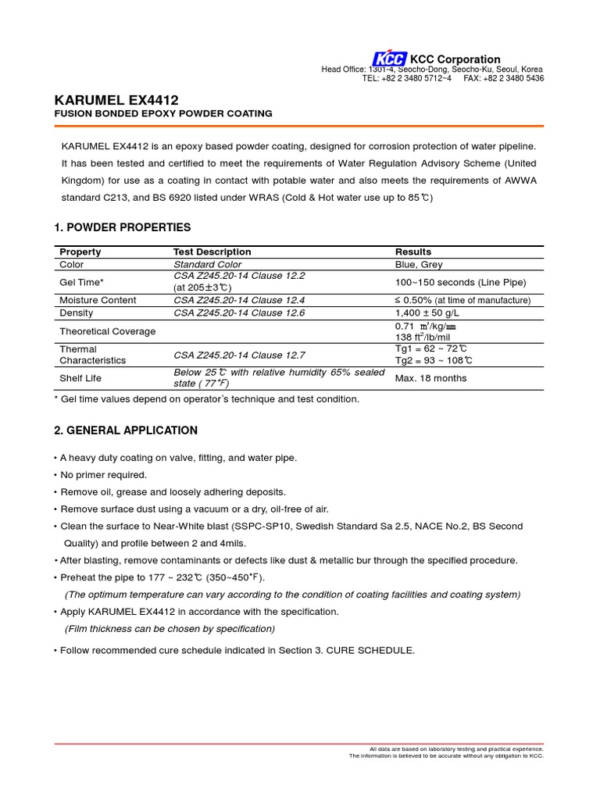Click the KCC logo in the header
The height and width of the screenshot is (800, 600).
coord(389,59)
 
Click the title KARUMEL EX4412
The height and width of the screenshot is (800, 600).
coord(116,100)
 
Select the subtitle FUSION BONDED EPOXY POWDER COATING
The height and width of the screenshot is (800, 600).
coord(162,114)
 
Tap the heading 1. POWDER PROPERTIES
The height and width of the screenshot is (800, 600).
coord(122,227)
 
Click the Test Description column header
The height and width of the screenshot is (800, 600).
coord(212,252)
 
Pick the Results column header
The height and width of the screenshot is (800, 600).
coord(413,252)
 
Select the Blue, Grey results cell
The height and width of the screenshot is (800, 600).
coord(419,265)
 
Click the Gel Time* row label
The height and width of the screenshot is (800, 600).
coord(81,282)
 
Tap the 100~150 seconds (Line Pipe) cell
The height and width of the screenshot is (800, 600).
coord(461,282)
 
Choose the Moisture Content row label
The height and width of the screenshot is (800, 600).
coord(98,300)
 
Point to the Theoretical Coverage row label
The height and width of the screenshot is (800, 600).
coord(108,331)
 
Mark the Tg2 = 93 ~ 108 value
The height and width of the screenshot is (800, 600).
coord(434,360)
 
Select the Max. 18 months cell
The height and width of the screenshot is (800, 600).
coord(431,378)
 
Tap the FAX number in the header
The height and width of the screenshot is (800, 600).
coord(504,78)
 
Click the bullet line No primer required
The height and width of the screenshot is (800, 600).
coord(105,475)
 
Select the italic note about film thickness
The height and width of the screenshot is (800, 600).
coord(170,629)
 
